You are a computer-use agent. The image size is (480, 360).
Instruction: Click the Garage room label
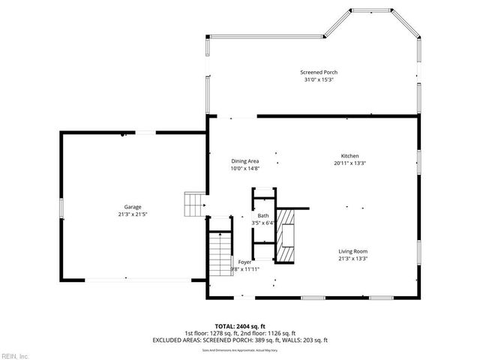tap(133, 207)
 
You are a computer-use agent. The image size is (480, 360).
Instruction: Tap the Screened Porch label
tap(318, 73)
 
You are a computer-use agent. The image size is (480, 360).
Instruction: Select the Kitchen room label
tap(350, 155)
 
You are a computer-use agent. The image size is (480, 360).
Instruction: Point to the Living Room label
tap(352, 251)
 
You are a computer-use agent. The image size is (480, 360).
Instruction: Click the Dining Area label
tap(244, 161)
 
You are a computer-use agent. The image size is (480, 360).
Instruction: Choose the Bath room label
tap(263, 215)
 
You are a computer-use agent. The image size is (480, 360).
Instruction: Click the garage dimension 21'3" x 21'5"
tap(133, 214)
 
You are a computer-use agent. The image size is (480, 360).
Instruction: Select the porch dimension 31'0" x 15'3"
tap(318, 80)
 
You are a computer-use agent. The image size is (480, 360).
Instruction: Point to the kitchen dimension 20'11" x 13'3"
tap(350, 163)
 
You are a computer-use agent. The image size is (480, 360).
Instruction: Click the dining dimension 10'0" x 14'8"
tap(244, 169)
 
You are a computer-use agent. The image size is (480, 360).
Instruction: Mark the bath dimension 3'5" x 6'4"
tap(263, 223)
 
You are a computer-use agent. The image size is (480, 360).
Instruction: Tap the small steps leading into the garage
tap(194, 204)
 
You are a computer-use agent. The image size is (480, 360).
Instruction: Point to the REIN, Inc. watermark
tap(14, 355)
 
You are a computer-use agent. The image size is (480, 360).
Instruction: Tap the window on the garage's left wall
tap(61, 207)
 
